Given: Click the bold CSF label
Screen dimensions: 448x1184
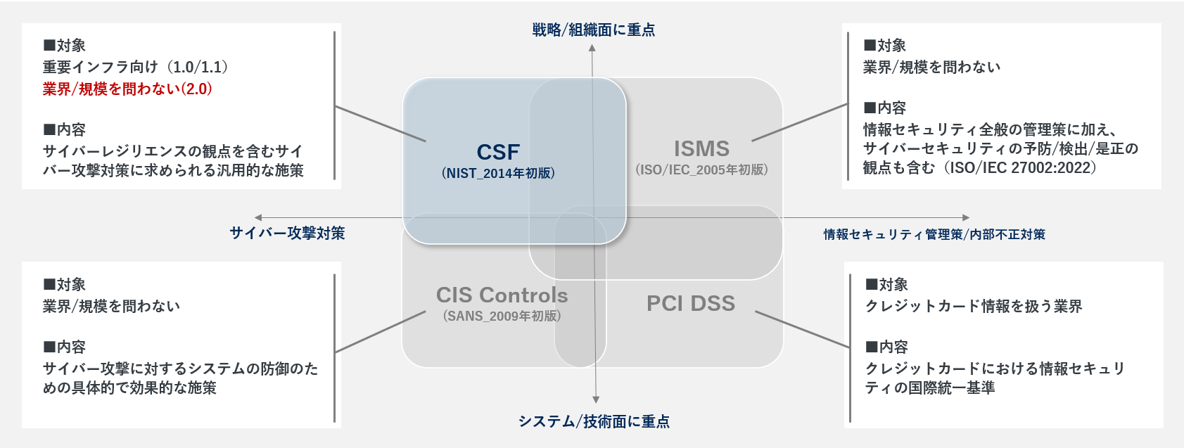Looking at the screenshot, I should click(498, 152).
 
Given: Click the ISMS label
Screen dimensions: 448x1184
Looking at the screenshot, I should click(701, 148).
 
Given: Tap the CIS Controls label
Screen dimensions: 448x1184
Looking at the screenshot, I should click(502, 295).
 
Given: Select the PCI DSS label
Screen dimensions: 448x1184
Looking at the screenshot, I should click(691, 303).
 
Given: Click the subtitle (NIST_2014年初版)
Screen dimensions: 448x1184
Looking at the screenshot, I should click(498, 173).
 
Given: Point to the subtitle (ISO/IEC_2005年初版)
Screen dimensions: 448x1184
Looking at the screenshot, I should click(701, 169).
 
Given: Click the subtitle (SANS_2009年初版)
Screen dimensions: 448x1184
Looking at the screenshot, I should click(502, 316).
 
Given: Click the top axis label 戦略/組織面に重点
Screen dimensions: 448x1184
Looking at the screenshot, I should click(594, 30).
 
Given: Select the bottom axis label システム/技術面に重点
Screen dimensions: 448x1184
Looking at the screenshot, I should click(594, 421).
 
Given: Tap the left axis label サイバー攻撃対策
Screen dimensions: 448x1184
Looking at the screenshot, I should click(287, 233).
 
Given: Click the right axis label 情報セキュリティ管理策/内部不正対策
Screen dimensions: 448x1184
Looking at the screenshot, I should click(934, 234).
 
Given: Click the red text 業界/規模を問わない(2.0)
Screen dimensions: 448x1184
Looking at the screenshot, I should click(127, 89).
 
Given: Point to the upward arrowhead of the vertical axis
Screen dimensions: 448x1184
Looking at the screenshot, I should click(592, 48).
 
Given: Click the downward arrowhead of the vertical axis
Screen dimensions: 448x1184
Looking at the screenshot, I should click(596, 399).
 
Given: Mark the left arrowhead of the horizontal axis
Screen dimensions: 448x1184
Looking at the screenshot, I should click(258, 217).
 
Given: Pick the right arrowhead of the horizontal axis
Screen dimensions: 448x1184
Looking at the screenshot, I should click(966, 217).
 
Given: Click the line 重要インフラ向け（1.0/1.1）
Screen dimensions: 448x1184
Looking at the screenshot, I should click(136, 67).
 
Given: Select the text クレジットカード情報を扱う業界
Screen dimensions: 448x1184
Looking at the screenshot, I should click(974, 306).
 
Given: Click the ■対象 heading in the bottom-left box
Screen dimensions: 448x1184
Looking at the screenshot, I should click(64, 284).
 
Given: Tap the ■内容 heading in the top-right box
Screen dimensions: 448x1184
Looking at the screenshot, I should click(885, 108).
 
